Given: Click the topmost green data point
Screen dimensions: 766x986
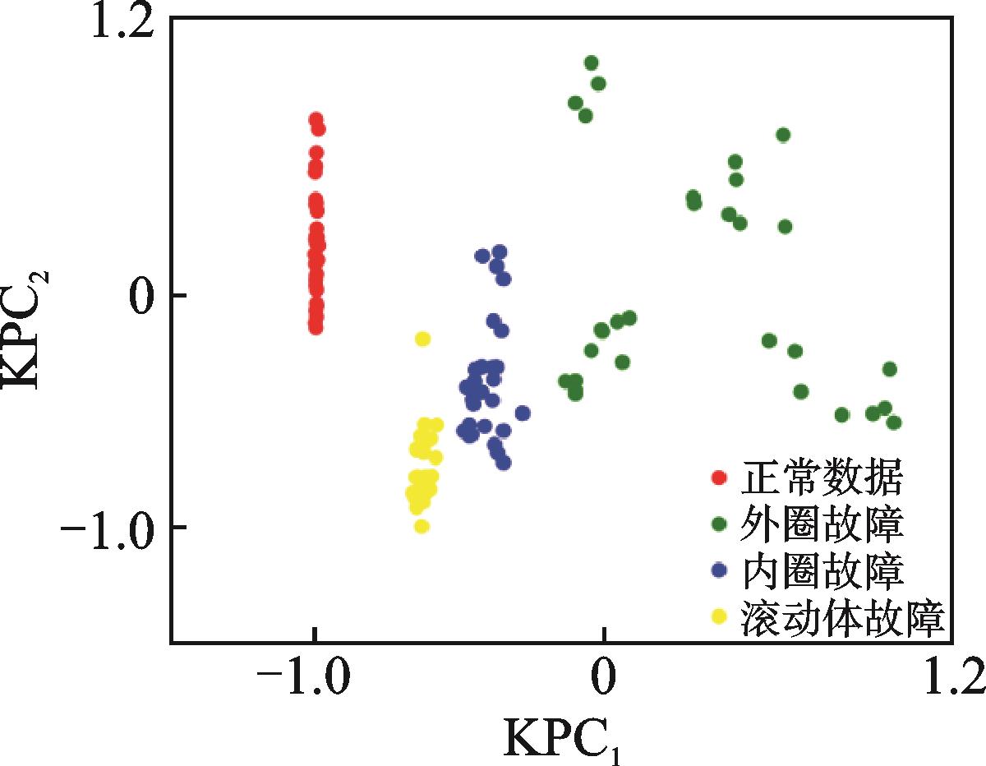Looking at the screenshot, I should coord(591,62).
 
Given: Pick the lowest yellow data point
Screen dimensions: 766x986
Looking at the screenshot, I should coord(422,526).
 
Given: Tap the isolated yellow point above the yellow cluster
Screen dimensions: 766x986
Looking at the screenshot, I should coord(423,339).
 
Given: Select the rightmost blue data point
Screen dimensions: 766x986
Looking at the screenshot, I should coord(522,413).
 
